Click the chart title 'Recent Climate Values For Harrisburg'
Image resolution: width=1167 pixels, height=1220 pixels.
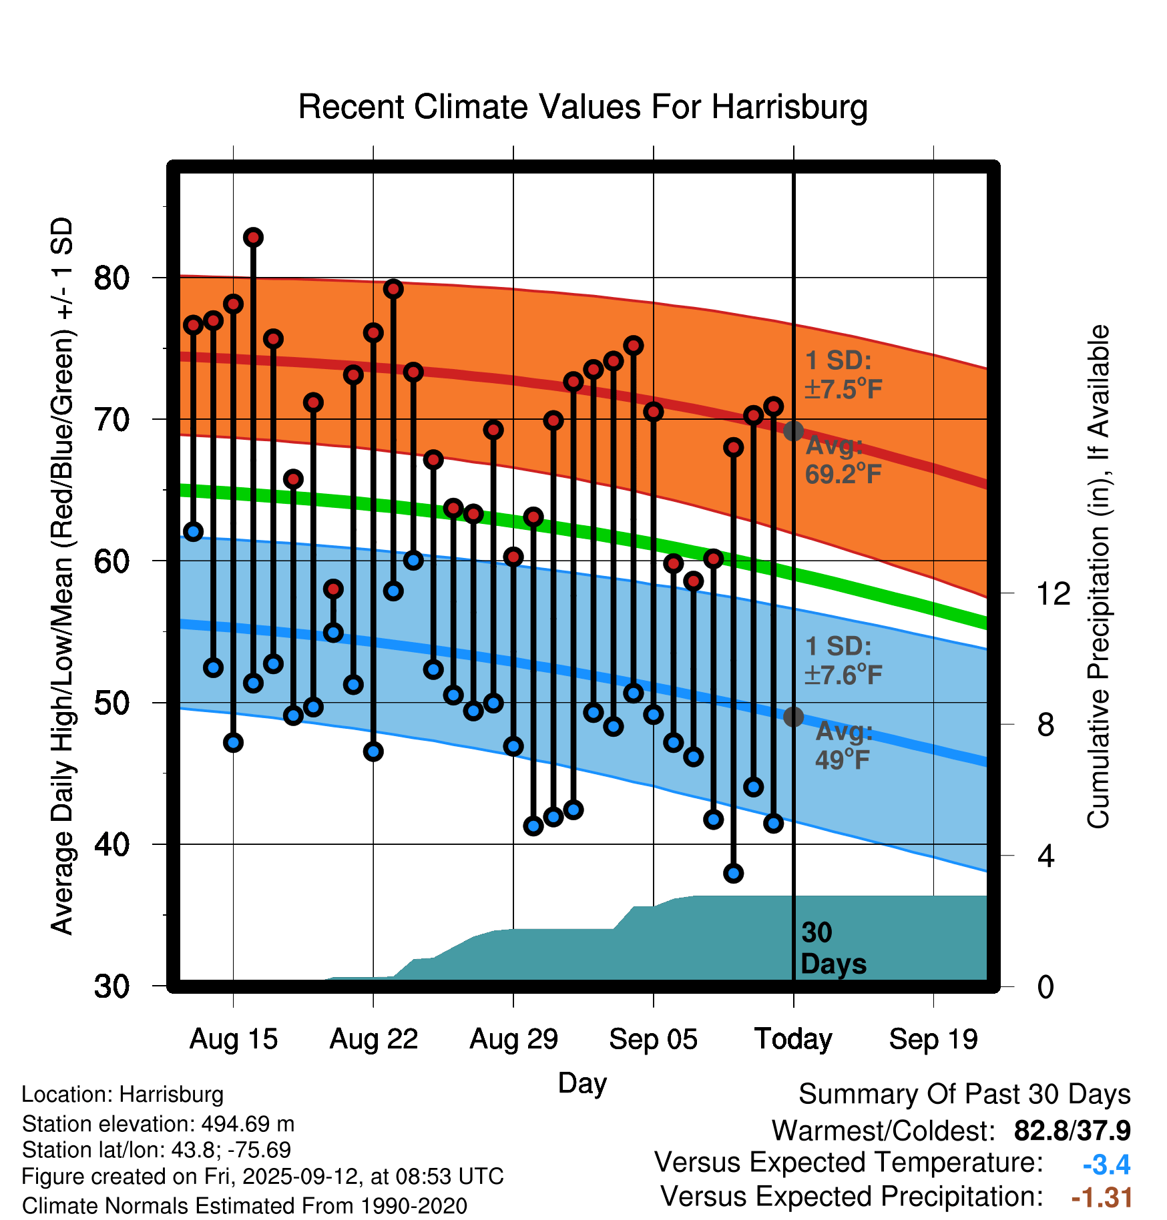pos(583,107)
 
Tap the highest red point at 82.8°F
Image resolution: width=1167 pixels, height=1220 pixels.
pos(253,237)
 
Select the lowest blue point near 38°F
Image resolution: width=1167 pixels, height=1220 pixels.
pos(733,873)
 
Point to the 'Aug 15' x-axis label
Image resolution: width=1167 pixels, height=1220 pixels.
pos(233,1039)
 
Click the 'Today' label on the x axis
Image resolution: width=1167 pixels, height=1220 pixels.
pos(793,1039)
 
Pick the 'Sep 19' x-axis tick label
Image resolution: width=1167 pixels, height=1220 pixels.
pos(933,1039)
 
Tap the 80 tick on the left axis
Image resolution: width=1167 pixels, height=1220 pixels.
pos(111,278)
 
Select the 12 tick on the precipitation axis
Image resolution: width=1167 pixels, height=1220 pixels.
pos(1053,593)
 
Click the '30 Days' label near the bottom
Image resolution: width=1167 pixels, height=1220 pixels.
pos(833,948)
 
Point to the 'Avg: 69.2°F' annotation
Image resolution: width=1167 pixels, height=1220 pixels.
pos(843,460)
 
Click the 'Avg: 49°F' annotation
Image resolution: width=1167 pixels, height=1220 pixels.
pos(843,745)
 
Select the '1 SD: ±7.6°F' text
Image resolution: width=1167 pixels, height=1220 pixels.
pos(843,661)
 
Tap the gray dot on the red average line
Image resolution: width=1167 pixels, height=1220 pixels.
pos(793,431)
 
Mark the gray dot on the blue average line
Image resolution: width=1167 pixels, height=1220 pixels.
pos(793,717)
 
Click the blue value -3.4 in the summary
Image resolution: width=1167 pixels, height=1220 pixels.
pos(1106,1165)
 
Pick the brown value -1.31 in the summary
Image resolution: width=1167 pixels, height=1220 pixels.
pos(1102,1197)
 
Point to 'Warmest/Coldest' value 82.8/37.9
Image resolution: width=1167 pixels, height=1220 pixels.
pos(1072,1131)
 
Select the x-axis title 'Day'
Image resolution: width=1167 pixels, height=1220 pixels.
pos(582,1083)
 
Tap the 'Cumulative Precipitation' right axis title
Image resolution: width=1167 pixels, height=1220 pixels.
pos(1098,577)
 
